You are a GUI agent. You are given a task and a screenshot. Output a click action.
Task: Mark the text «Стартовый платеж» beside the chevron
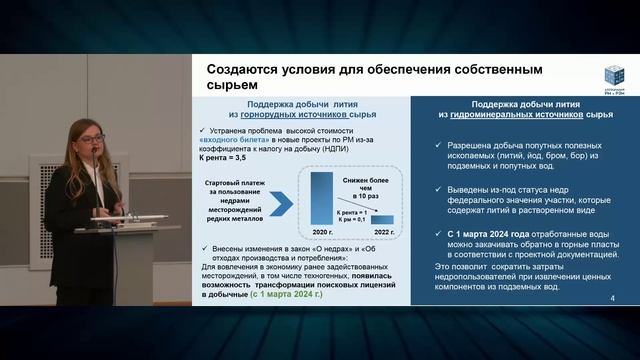[x=237, y=185]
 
